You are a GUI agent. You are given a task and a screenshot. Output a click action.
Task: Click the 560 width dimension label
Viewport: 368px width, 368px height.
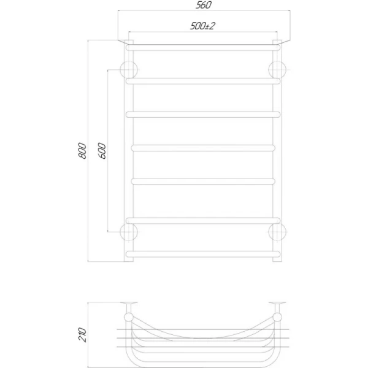(204, 5)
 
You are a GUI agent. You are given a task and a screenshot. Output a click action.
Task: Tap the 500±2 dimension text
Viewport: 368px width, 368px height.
(202, 26)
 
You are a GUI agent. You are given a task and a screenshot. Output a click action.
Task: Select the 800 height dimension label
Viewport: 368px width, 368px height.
(82, 151)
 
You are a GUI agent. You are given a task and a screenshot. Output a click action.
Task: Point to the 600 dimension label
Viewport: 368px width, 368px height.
(102, 151)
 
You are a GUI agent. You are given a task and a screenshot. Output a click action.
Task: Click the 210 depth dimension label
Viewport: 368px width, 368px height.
(82, 335)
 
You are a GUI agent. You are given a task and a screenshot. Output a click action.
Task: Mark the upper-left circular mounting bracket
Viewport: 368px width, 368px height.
(129, 70)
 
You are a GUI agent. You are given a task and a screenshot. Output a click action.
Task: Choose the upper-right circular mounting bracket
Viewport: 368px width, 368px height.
(277, 70)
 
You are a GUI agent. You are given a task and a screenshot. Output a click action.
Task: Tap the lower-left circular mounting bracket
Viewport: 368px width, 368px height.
(129, 232)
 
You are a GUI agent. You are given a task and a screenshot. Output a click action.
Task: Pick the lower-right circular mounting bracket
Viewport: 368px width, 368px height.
(277, 232)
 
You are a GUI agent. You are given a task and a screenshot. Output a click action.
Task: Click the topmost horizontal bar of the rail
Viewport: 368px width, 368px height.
(203, 48)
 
